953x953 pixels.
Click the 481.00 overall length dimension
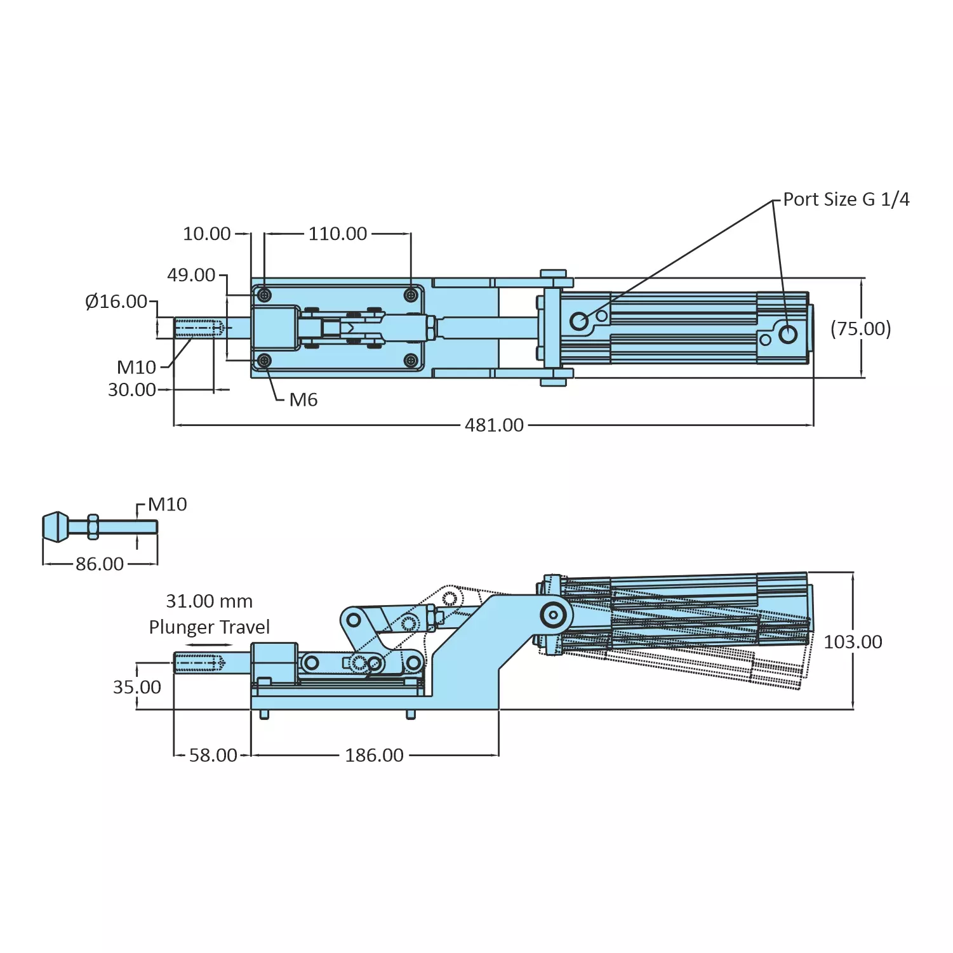(494, 425)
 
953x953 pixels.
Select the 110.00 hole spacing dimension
(338, 234)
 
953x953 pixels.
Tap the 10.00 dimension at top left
(207, 234)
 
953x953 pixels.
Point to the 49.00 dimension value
(191, 275)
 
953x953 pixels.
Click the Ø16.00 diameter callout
(116, 302)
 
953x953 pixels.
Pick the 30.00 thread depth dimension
(132, 389)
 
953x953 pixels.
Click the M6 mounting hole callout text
(303, 400)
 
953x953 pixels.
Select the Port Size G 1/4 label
(846, 199)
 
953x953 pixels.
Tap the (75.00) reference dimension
(860, 329)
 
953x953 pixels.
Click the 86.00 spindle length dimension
(100, 564)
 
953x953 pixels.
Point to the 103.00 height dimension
(853, 642)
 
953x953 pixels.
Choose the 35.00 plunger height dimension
(137, 687)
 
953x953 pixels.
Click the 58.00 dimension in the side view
(213, 755)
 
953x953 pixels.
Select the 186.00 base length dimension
(374, 755)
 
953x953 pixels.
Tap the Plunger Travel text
(209, 627)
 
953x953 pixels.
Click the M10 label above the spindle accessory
(168, 505)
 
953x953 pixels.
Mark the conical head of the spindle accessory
(55, 527)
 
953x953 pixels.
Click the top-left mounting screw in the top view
(265, 295)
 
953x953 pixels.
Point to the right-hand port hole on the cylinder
(788, 333)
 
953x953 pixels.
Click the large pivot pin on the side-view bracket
(554, 615)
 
